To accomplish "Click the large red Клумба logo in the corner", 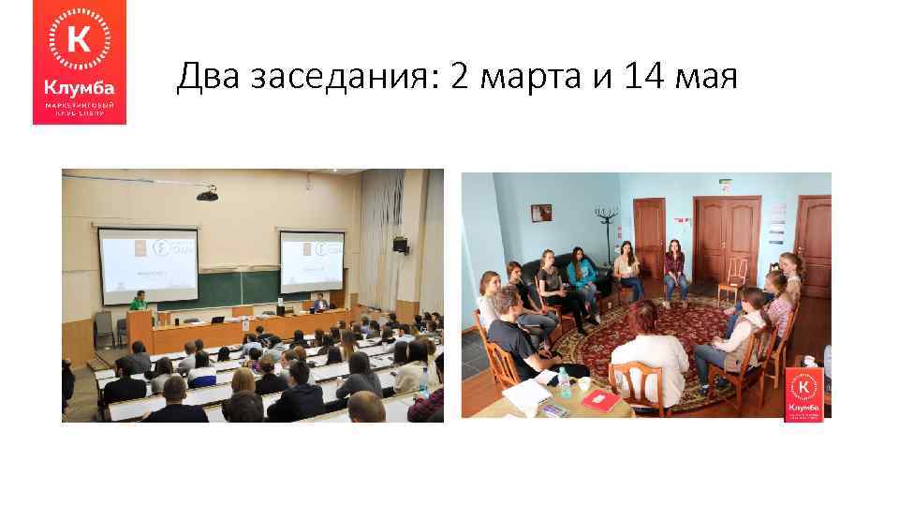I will [80, 62].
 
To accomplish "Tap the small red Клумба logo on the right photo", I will [803, 394].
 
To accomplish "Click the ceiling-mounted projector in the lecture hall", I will [208, 194].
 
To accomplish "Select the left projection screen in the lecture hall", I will [148, 264].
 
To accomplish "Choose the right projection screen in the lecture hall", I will [312, 262].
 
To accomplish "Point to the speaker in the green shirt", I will [138, 302].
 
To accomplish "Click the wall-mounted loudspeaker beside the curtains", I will [401, 245].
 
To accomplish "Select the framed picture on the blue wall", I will [541, 213].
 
